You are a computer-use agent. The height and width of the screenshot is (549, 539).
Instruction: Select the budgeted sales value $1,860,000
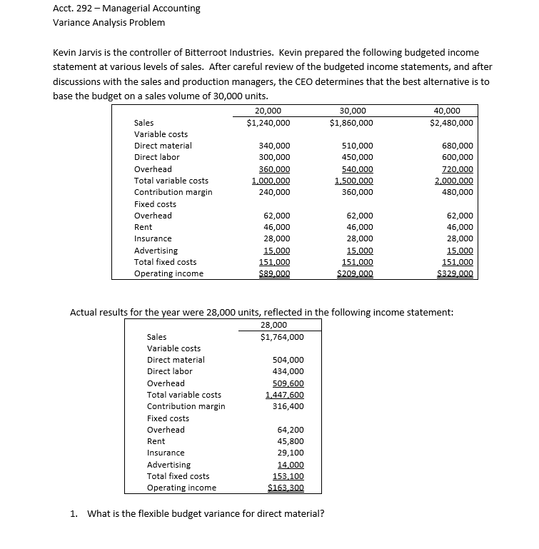click(x=351, y=123)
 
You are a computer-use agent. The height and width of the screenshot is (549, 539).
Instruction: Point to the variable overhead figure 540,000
click(x=358, y=169)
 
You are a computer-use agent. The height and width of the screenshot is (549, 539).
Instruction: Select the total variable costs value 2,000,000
click(x=453, y=181)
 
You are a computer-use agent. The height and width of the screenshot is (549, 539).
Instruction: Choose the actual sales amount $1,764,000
click(x=282, y=337)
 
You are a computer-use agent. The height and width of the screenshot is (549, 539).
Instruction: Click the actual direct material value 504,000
click(x=288, y=360)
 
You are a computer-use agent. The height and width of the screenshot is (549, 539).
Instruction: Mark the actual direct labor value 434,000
click(x=288, y=371)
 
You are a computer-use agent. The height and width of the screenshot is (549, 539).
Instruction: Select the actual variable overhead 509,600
click(x=288, y=383)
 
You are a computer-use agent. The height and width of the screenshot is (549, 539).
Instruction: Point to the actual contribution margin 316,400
click(x=288, y=406)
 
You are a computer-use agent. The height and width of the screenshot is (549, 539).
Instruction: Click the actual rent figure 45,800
click(x=291, y=441)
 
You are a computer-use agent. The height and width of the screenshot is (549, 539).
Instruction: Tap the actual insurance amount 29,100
click(x=291, y=453)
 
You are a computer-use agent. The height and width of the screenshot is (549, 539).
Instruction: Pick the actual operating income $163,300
click(x=286, y=488)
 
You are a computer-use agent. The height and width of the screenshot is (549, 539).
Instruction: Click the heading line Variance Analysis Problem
click(x=109, y=23)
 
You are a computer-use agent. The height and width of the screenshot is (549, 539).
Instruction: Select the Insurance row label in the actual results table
click(x=166, y=453)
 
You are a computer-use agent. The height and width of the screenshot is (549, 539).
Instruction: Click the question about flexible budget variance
click(x=205, y=514)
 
